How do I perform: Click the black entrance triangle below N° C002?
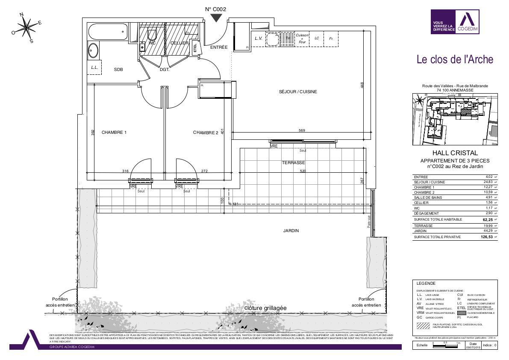pyautogui.click(x=216, y=18)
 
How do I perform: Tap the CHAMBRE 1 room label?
pyautogui.click(x=114, y=133)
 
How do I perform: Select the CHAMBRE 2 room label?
pyautogui.click(x=206, y=133)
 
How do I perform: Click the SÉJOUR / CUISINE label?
pyautogui.click(x=298, y=92)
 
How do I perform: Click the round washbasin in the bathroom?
pyautogui.click(x=94, y=51)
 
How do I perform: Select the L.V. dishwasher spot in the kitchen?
pyautogui.click(x=258, y=38)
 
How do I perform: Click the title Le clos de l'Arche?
pyautogui.click(x=455, y=59)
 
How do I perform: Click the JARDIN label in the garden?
pyautogui.click(x=291, y=231)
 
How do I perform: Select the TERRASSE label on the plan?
pyautogui.click(x=293, y=163)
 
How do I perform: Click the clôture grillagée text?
pyautogui.click(x=265, y=308)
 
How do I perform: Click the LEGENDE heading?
pyautogui.click(x=426, y=283)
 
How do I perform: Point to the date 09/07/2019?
pyautogui.click(x=473, y=347)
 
